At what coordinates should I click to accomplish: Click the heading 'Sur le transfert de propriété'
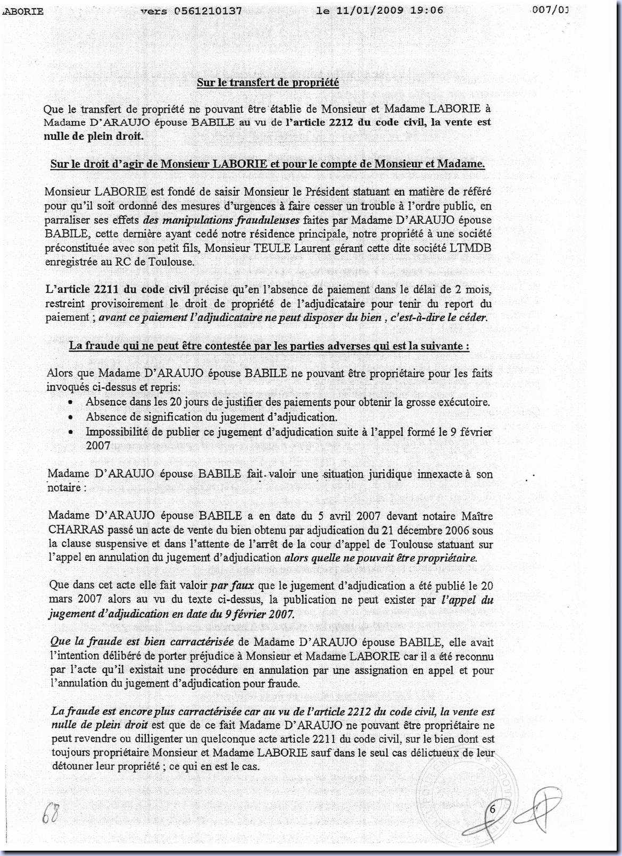point(268,83)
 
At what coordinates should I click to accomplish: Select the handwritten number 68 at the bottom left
point(50,812)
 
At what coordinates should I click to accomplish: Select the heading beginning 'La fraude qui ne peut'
point(269,346)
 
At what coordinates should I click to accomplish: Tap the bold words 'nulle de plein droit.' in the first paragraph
point(94,136)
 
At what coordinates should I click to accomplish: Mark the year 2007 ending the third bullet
point(98,446)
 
